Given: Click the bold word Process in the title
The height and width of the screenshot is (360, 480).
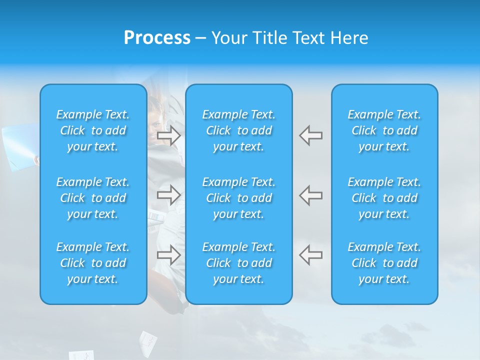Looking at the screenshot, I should (x=157, y=38).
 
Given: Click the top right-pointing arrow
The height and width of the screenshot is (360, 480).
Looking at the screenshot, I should (x=168, y=135).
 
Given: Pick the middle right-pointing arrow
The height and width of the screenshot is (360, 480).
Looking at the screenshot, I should (x=168, y=194).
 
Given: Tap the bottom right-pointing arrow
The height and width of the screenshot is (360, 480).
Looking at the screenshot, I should (x=168, y=254).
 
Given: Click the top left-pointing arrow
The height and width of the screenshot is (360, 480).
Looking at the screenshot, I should (x=310, y=135).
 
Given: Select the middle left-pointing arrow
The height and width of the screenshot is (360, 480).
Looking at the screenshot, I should (x=310, y=194).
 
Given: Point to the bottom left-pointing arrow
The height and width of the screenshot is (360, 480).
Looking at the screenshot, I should (x=310, y=254).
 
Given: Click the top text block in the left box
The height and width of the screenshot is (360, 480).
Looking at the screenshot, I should (x=93, y=130).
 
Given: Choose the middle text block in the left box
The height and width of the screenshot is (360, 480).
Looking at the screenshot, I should (x=93, y=198).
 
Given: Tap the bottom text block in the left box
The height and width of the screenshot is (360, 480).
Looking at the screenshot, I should (x=93, y=263).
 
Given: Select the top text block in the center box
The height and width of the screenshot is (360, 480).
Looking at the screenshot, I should (x=239, y=130).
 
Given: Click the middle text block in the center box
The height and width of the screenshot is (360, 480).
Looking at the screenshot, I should (x=239, y=198).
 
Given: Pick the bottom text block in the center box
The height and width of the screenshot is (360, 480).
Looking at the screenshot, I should (x=239, y=263).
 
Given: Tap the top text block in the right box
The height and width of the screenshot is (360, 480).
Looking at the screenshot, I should (x=384, y=130).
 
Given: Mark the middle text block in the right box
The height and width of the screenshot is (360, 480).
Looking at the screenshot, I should (x=384, y=198).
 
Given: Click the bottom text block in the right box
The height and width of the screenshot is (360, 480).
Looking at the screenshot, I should (x=384, y=263).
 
